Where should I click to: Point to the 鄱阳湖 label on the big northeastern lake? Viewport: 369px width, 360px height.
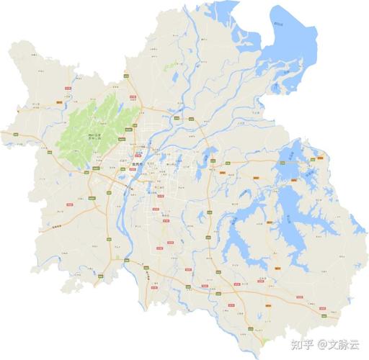[x=288, y=23]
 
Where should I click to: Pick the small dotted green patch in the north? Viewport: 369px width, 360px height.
[x=171, y=66]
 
